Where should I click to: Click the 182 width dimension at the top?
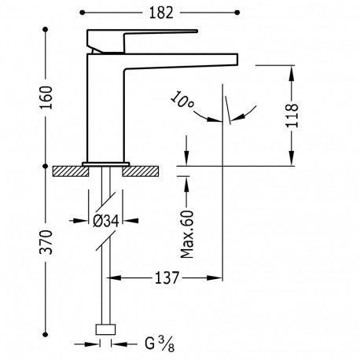[x=161, y=13]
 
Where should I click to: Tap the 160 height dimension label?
[x=46, y=97]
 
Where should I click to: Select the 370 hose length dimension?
[x=46, y=242]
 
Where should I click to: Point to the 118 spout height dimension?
[x=292, y=116]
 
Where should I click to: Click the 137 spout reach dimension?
[x=167, y=277]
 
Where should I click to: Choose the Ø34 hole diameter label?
[x=106, y=221]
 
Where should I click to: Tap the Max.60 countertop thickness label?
[x=187, y=234]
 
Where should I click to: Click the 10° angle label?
[x=182, y=100]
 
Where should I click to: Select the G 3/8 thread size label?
[x=160, y=343]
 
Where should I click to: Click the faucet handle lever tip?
[x=197, y=31]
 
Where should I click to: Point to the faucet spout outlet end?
[x=237, y=59]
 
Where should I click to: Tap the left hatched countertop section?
[x=71, y=171]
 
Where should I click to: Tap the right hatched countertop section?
[x=141, y=171]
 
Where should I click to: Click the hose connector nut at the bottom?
[x=105, y=329]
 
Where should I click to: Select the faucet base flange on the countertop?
[x=105, y=164]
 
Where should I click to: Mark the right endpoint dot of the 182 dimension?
[x=237, y=13]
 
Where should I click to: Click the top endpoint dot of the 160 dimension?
[x=46, y=29]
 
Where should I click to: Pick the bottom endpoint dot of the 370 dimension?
[x=46, y=334]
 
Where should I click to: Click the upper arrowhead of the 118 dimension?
[x=292, y=72]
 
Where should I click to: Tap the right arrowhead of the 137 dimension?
[x=215, y=277]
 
